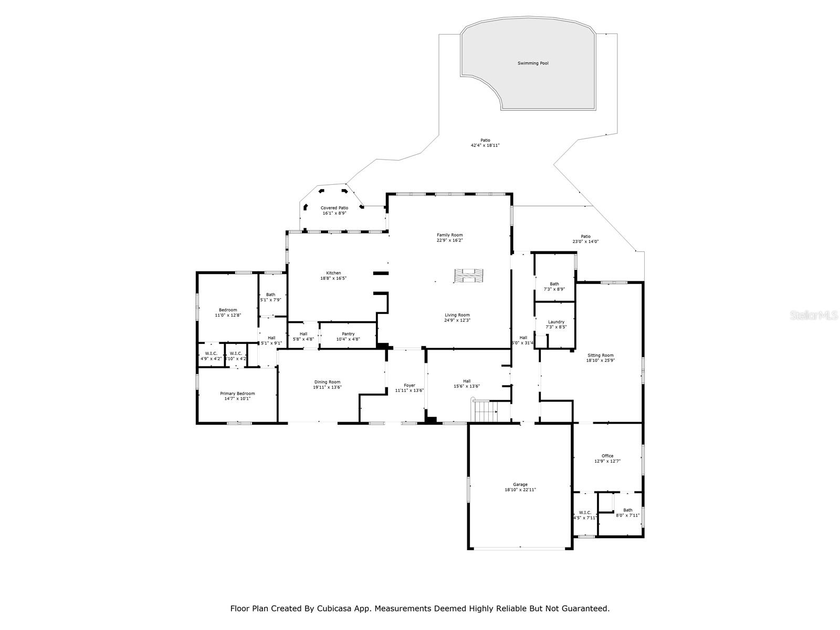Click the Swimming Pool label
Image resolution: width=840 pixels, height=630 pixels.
[533, 64]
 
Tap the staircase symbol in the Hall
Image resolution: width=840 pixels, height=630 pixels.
[486, 411]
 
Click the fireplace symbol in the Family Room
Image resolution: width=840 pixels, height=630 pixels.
[469, 276]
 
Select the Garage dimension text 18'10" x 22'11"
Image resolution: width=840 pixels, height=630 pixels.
[520, 490]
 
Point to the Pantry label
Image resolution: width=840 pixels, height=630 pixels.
[348, 334]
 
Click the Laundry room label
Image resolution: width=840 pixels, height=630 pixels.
[556, 322]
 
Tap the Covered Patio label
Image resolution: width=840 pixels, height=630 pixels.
[334, 208]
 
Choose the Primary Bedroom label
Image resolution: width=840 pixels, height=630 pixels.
[237, 394]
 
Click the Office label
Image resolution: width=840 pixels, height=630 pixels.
[607, 456]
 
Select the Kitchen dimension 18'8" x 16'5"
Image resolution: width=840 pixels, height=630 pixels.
[333, 278]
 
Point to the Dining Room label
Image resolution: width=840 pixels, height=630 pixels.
[328, 382]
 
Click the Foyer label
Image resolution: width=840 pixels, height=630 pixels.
[409, 385]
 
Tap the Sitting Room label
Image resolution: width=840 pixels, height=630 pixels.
[601, 355]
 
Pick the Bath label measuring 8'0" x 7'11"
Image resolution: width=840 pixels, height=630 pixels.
[628, 510]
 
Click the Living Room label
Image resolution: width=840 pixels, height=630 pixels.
[457, 315]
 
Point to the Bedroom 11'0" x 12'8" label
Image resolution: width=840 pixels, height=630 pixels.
[228, 310]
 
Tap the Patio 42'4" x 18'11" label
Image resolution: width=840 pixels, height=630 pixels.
[485, 140]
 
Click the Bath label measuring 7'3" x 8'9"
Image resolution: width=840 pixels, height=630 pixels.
[554, 284]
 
